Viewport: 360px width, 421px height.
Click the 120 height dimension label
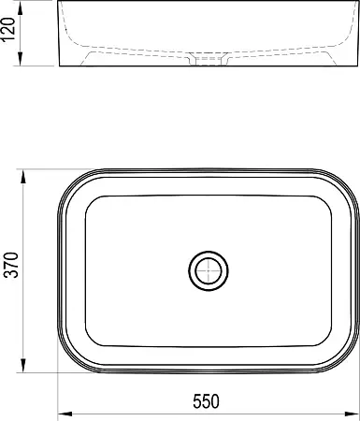[x=8, y=29]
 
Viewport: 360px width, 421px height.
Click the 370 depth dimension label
[x=13, y=265]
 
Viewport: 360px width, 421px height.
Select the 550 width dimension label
[x=206, y=401]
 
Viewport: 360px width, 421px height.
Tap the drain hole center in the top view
[x=209, y=270]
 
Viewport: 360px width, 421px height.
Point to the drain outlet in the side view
[x=209, y=59]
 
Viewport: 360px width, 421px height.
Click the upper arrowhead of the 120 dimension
[x=21, y=9]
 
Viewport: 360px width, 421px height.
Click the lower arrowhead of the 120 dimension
[x=21, y=59]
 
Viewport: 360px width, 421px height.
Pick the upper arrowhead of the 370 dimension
[x=23, y=177]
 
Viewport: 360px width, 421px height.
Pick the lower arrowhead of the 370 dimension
[x=23, y=365]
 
